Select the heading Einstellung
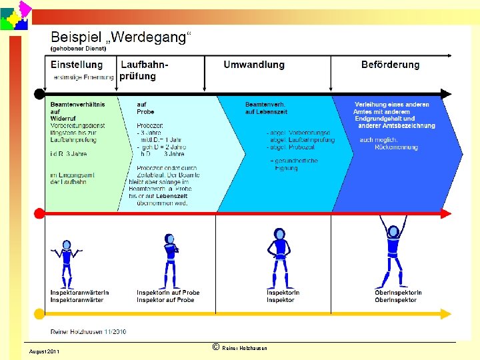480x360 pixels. [x=77, y=65]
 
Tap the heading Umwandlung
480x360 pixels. [x=254, y=65]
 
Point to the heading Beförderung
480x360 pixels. [x=391, y=65]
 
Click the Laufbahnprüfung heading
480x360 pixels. [x=143, y=70]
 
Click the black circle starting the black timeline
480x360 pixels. [x=39, y=93]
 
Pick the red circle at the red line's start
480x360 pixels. [x=39, y=213]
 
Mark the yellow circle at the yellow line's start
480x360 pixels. [x=39, y=313]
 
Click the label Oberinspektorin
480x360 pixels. [x=398, y=293]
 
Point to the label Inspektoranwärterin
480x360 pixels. [x=79, y=293]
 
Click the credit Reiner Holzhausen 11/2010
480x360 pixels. [x=88, y=331]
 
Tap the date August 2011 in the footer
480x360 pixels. [x=44, y=351]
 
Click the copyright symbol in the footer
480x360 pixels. [x=215, y=347]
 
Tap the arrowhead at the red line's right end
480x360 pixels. [x=446, y=213]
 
